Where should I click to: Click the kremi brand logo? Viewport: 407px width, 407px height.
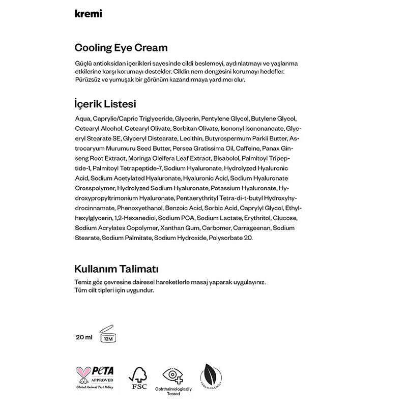coord(88,14)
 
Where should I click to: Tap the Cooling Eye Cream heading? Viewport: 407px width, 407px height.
coord(121,48)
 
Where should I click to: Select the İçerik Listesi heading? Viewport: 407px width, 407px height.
coord(105,104)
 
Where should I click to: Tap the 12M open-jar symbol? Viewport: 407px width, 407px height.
coord(108,333)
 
